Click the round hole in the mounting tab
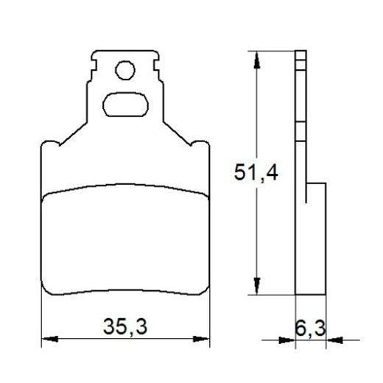[x=124, y=71]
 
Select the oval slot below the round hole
[x=124, y=104]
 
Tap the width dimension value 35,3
[x=124, y=325]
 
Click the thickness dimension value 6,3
[x=311, y=325]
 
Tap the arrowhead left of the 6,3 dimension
[x=287, y=340]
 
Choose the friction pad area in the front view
[x=124, y=239]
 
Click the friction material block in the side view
[x=315, y=236]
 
